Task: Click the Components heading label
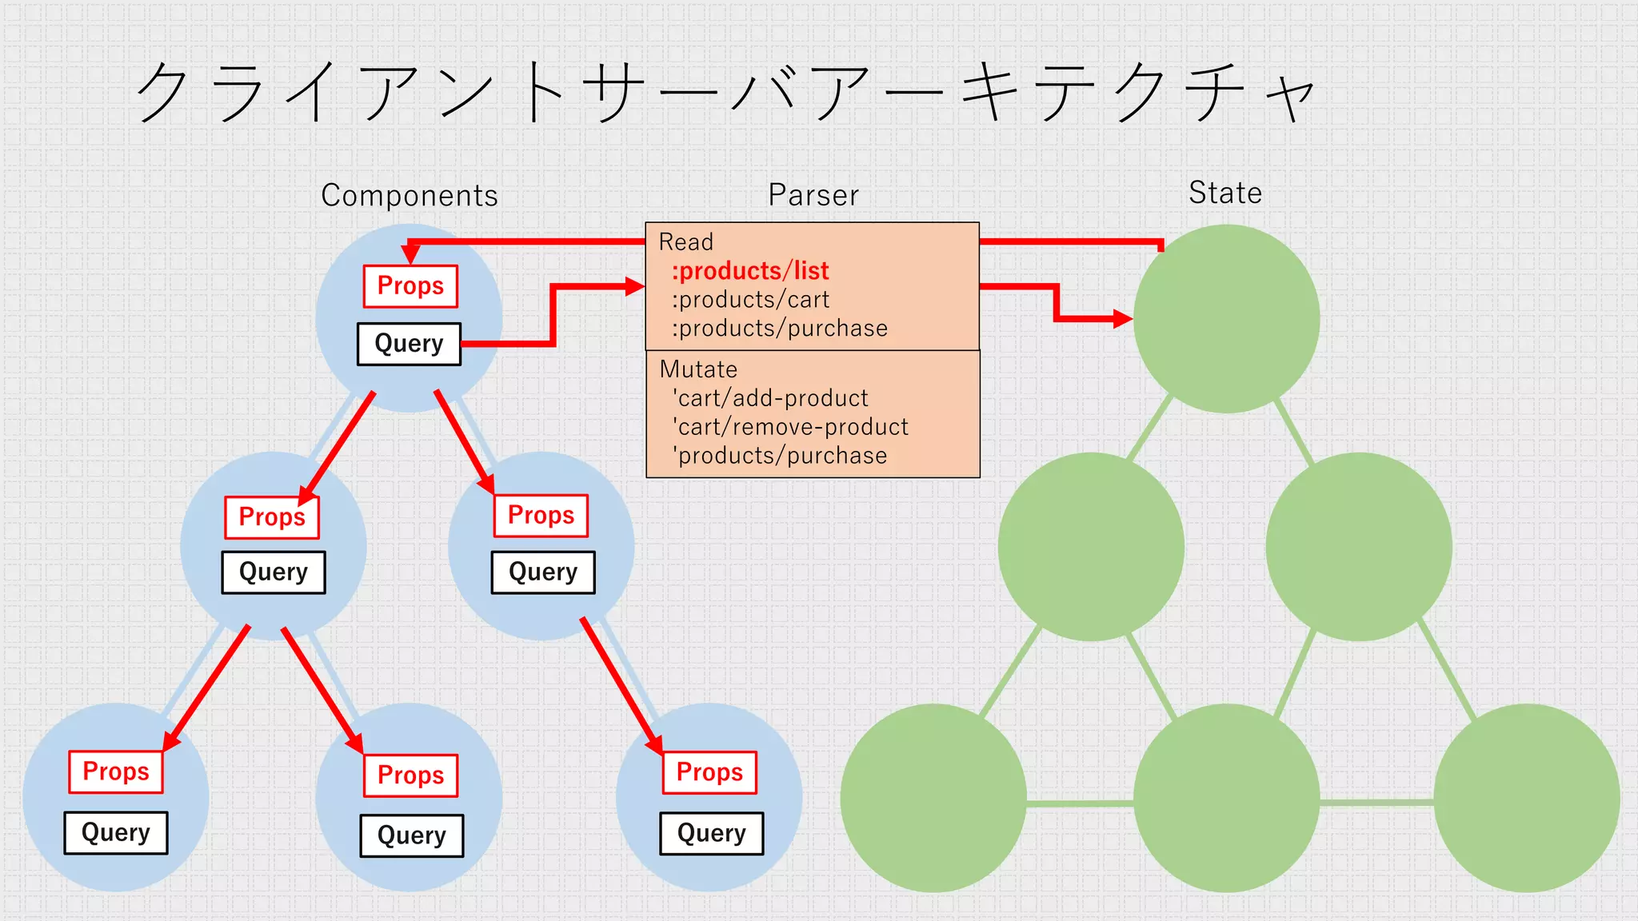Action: (x=409, y=196)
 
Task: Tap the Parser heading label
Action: (x=813, y=195)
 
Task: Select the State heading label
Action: (x=1225, y=193)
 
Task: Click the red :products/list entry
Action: (x=750, y=271)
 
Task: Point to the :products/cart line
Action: (x=750, y=300)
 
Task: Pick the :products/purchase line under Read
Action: (x=779, y=329)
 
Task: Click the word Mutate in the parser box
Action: (x=698, y=369)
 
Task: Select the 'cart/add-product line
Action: (x=770, y=398)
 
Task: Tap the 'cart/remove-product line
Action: (x=790, y=427)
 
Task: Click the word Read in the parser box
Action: (x=685, y=241)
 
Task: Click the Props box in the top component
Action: (x=410, y=286)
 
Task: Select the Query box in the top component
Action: (x=409, y=344)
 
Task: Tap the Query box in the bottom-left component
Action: (x=116, y=833)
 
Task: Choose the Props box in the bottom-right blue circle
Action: (x=709, y=772)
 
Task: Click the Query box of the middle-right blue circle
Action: (x=543, y=572)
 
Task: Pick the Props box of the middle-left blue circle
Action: (x=272, y=517)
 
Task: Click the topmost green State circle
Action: (x=1226, y=318)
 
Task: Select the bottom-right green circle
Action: (x=1526, y=798)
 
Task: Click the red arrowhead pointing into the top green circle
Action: (x=1123, y=319)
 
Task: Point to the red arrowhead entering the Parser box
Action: (x=636, y=286)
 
